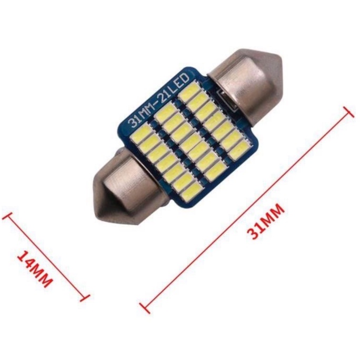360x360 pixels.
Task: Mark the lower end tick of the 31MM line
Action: click(145, 308)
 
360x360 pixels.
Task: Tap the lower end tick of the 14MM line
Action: click(84, 297)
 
